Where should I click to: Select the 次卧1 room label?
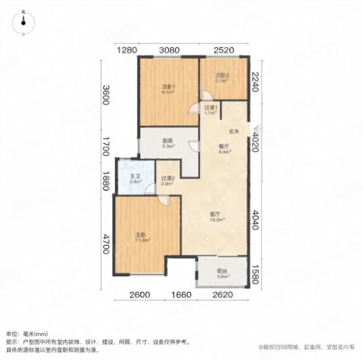coord(168,86)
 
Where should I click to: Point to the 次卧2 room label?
coord(222,76)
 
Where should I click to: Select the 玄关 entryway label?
coord(234,131)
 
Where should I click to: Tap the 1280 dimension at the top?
coord(127,50)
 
